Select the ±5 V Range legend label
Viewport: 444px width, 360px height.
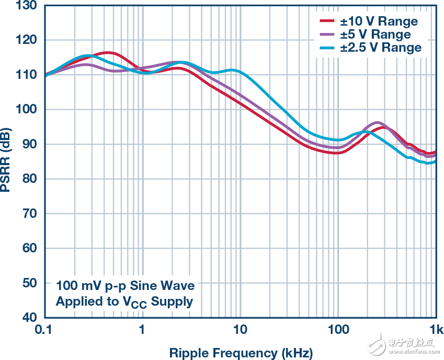[x=375, y=34]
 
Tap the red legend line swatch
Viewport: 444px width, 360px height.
[x=327, y=21]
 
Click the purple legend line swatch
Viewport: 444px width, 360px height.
[x=327, y=34]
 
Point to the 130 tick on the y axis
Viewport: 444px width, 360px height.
[x=27, y=6]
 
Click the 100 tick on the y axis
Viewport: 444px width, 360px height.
[x=27, y=109]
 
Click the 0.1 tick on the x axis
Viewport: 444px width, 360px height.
[x=44, y=330]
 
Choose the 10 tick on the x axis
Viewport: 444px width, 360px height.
[x=240, y=330]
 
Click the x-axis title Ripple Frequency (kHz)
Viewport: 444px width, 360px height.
[x=241, y=353]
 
